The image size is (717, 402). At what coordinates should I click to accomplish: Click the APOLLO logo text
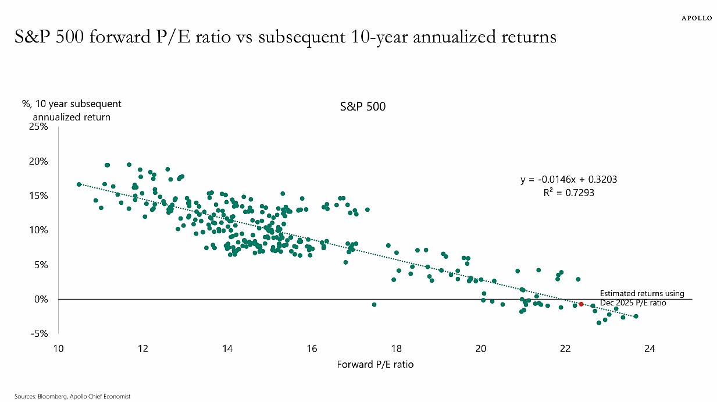click(696, 18)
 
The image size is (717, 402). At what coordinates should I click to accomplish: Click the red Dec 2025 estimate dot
click(581, 304)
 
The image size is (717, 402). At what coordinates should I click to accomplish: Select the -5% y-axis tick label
click(40, 333)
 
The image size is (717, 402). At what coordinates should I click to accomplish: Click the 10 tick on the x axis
click(58, 349)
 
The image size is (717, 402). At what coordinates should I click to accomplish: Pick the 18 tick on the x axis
click(396, 349)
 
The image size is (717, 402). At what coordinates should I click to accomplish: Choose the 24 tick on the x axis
click(650, 349)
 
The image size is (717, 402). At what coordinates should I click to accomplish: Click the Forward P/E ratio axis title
click(375, 365)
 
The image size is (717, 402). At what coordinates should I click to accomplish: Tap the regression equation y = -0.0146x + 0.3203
click(568, 180)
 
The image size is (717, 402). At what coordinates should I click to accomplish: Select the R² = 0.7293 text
click(568, 193)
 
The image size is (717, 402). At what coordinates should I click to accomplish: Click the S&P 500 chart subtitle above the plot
click(362, 107)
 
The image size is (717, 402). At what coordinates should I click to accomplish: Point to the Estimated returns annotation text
click(641, 298)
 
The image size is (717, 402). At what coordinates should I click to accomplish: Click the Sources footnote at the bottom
click(72, 396)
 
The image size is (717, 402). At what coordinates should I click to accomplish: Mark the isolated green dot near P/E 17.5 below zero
click(374, 304)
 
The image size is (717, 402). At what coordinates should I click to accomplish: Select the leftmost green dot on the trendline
click(79, 184)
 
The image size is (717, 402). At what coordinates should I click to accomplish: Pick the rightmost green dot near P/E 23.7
click(636, 316)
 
